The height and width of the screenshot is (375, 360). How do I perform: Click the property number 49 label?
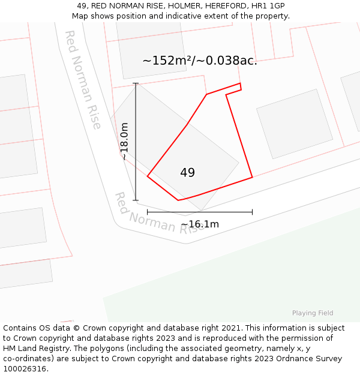[x=187, y=173]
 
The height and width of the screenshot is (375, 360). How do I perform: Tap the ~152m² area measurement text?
[x=199, y=61]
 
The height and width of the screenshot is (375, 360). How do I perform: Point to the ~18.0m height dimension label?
[x=124, y=141]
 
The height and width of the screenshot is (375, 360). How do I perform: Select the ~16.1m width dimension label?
[x=200, y=224]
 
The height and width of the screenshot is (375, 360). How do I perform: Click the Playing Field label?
[x=313, y=313]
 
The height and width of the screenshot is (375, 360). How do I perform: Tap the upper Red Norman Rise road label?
[x=83, y=80]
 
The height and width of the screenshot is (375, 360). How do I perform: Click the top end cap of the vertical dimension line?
[x=136, y=83]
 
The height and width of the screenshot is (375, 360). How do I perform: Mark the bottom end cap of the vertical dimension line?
[x=136, y=200]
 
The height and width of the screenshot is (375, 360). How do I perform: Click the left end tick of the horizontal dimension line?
[x=147, y=212]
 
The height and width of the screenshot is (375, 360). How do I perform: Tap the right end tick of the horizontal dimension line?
[x=252, y=212]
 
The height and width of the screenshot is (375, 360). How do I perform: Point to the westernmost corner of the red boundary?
[x=147, y=176]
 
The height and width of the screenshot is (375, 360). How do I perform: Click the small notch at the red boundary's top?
[x=241, y=86]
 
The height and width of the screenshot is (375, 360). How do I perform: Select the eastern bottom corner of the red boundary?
[x=252, y=177]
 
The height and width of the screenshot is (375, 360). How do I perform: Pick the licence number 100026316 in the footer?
[x=25, y=368]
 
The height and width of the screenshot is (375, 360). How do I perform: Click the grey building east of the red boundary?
[x=294, y=124]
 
